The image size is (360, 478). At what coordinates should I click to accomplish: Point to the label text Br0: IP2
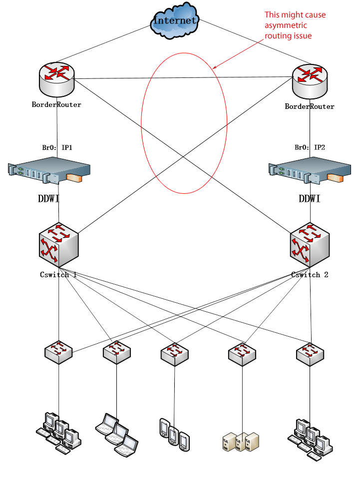tap(310, 148)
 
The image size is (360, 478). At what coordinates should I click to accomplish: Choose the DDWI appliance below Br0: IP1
tap(49, 173)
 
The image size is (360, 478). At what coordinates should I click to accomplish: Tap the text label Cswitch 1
tap(58, 275)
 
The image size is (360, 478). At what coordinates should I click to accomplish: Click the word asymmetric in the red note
tap(286, 25)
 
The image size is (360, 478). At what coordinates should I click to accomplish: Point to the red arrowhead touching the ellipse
tap(215, 68)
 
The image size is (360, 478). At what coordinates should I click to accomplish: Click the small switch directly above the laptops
tap(117, 352)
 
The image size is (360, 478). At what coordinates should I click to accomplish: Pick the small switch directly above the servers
tap(242, 353)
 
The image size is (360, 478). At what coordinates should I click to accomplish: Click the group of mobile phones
tap(174, 433)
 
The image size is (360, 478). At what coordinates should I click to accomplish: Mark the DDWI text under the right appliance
tap(310, 199)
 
